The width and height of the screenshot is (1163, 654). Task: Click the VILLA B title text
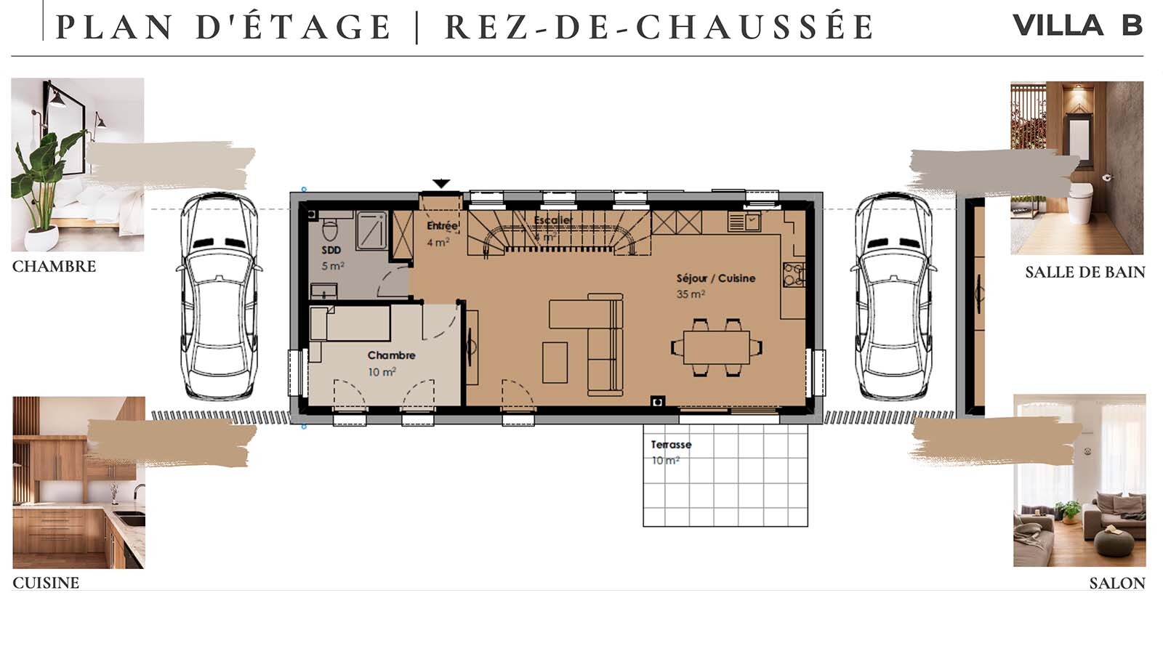[1077, 25]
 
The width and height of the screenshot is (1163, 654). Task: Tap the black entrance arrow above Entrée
[440, 184]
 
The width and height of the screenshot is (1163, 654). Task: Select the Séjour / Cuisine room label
[715, 278]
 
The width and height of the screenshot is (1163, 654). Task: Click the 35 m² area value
[690, 294]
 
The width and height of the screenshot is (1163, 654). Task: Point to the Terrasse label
[671, 445]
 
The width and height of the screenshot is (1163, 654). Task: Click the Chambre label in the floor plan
[391, 355]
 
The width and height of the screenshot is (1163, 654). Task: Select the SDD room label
[331, 250]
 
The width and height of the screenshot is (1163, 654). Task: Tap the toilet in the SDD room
[330, 228]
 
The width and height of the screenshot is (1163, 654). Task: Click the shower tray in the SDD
[371, 230]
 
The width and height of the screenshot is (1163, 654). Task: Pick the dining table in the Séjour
[716, 347]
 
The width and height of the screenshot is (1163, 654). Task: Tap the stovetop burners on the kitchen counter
[792, 275]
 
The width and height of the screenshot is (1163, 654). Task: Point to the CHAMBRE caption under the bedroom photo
[54, 267]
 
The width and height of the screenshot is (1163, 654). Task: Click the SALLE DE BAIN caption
[1084, 272]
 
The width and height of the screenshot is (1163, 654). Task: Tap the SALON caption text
[1116, 584]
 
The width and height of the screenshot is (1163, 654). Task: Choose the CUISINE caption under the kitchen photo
[46, 583]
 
